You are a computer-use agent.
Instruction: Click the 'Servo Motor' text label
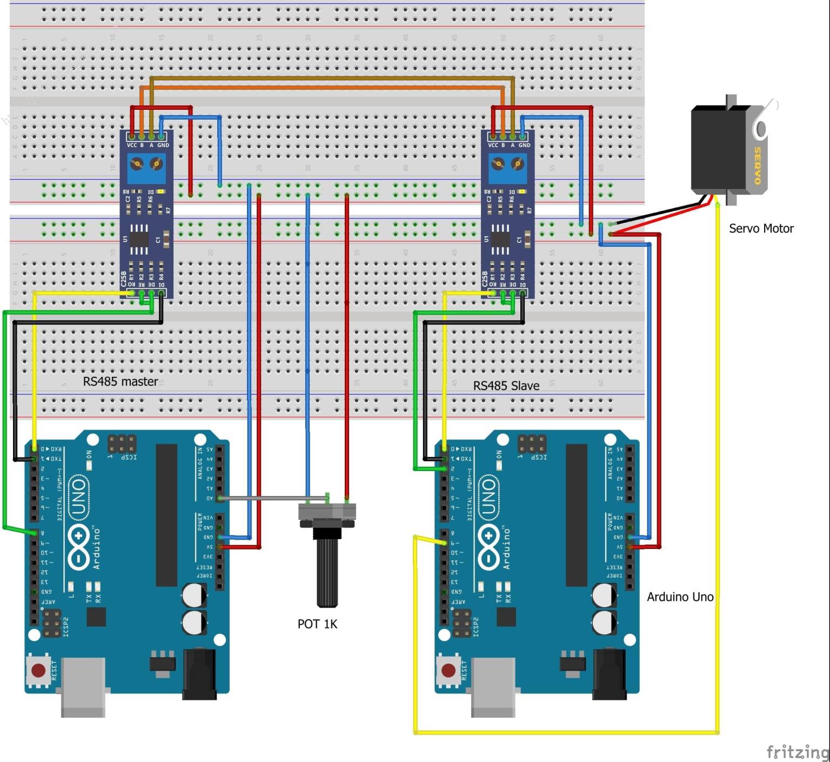pyautogui.click(x=761, y=229)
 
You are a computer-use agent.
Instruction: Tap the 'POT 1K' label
pyautogui.click(x=317, y=624)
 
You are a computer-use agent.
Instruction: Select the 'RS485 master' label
pyautogui.click(x=121, y=382)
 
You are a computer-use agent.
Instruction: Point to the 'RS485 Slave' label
pyautogui.click(x=506, y=386)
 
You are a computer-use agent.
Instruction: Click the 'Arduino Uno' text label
pyautogui.click(x=680, y=597)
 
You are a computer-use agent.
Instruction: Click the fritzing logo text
pyautogui.click(x=797, y=751)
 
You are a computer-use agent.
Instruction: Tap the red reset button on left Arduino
pyautogui.click(x=38, y=671)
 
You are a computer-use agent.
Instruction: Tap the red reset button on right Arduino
pyautogui.click(x=449, y=671)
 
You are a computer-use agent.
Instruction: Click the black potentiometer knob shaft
pyautogui.click(x=327, y=573)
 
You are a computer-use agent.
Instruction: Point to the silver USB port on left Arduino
pyautogui.click(x=83, y=687)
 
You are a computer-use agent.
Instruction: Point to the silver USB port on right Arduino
pyautogui.click(x=493, y=687)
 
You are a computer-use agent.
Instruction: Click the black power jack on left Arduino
pyautogui.click(x=199, y=673)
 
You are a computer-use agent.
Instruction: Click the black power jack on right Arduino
pyautogui.click(x=610, y=673)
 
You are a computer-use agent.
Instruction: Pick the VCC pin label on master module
pyautogui.click(x=131, y=145)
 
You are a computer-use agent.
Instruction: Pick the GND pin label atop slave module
pyautogui.click(x=524, y=145)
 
